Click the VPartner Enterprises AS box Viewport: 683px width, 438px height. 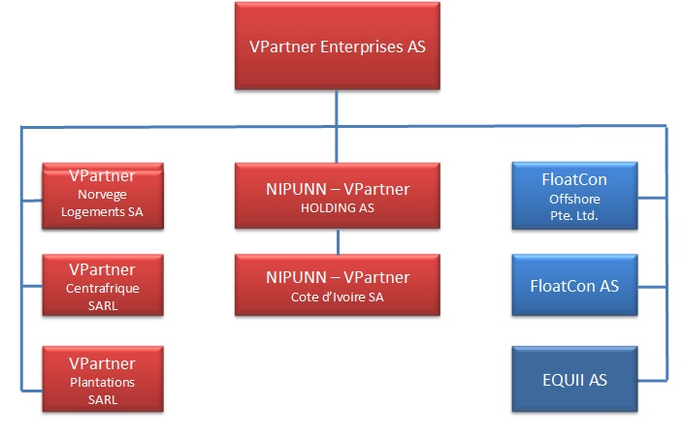(337, 47)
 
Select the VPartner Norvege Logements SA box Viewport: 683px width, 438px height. (102, 197)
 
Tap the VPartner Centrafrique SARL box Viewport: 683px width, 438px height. (102, 285)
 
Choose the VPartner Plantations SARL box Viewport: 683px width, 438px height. (102, 377)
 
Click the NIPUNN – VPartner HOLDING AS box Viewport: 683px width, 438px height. (337, 197)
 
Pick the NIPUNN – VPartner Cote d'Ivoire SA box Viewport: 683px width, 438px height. (337, 285)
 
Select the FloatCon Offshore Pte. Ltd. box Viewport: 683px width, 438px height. (574, 197)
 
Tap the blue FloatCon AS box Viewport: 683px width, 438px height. (574, 285)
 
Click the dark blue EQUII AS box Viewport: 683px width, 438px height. (574, 379)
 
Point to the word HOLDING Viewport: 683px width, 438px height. (338, 208)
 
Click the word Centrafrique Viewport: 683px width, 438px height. (102, 288)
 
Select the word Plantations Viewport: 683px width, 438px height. (102, 382)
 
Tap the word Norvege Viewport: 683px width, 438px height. (102, 194)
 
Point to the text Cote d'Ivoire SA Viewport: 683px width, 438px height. (338, 297)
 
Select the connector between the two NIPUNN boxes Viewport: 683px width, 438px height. (337, 241)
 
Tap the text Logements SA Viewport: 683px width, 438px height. (102, 210)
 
